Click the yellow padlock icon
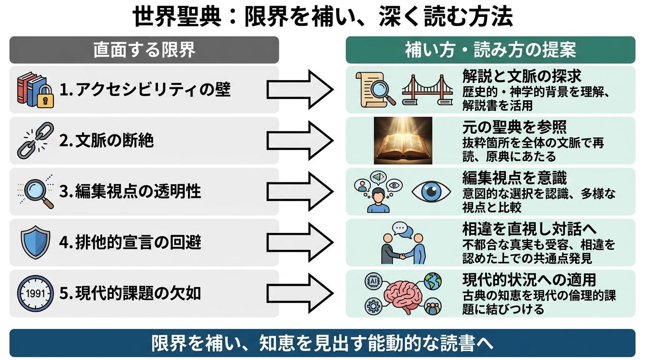pos(45,96)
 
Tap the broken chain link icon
pos(35,141)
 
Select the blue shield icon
pos(36,242)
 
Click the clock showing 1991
pos(35,293)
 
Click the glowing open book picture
pos(403,141)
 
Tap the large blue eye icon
pos(431,192)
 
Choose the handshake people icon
pos(403,243)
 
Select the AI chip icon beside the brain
pos(374,281)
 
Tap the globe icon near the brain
pos(433,281)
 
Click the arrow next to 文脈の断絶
pos(300,141)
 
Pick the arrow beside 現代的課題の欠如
pos(300,293)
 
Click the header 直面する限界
pos(144,50)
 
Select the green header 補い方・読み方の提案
pos(490,50)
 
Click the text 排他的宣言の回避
pos(138,242)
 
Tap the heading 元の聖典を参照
pos(515,127)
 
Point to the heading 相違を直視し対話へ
pos(529,229)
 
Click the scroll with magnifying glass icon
pos(375,90)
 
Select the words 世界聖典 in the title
pos(177,17)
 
